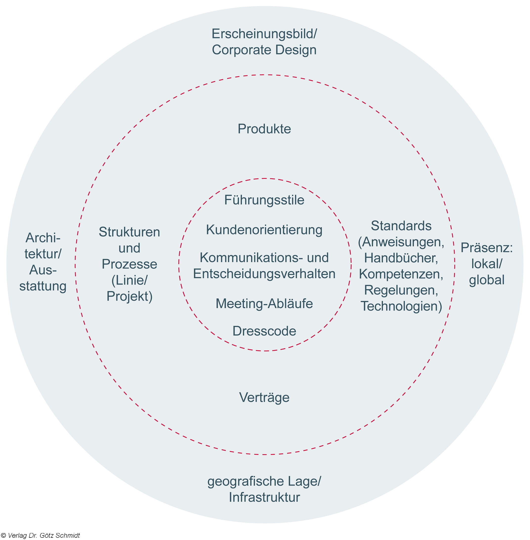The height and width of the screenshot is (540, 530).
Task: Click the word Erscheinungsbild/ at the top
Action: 264,34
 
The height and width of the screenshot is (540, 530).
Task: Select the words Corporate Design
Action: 264,50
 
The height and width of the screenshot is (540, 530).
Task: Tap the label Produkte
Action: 264,129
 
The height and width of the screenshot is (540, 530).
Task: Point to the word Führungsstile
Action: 264,200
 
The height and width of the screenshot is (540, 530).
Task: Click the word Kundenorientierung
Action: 264,230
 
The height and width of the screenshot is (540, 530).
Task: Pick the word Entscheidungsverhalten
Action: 264,274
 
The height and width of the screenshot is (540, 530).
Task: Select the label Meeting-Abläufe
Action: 264,304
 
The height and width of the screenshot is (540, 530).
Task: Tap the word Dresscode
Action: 264,331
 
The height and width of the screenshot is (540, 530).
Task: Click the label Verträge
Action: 264,397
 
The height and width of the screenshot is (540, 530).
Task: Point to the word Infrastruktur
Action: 264,497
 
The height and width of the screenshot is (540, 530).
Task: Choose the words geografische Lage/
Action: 264,481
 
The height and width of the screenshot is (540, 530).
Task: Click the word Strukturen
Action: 129,232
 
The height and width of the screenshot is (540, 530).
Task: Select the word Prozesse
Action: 129,264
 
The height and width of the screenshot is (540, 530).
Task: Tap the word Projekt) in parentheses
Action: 129,296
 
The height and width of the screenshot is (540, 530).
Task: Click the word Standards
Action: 401,226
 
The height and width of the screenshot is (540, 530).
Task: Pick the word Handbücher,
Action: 401,258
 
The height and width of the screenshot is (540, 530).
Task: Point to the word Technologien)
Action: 401,306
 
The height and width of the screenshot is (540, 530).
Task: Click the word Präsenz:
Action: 487,248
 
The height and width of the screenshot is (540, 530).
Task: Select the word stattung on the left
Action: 43,286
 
